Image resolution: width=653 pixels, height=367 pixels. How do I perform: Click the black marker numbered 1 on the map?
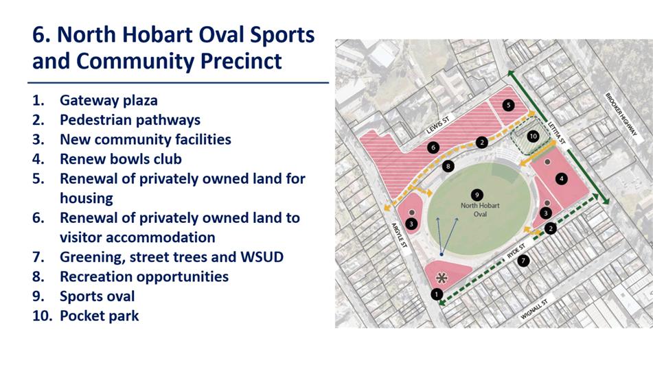437,294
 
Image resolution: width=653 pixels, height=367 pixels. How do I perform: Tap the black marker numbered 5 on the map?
508,105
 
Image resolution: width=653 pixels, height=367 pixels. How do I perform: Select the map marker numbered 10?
533,136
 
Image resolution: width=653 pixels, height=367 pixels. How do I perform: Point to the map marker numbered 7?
523,261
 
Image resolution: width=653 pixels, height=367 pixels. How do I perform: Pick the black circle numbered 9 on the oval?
477,195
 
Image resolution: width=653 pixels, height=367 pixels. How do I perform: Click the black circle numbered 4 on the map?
562,179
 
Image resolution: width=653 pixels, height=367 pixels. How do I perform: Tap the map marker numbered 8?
448,167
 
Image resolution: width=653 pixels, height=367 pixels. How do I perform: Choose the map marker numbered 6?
433,147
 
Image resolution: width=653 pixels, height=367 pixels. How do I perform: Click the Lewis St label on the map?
438,125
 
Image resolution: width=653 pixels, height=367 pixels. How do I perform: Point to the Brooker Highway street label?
621,114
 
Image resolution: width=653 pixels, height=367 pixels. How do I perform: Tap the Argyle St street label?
398,236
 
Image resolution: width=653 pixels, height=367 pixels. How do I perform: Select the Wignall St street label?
534,309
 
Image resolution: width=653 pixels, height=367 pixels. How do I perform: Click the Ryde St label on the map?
516,251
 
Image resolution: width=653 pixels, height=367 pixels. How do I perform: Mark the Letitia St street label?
556,132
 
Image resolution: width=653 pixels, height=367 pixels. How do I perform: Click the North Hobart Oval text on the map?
480,210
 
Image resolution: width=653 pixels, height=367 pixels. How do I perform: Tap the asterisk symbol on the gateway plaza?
441,279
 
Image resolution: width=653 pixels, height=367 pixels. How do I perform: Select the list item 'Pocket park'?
99,316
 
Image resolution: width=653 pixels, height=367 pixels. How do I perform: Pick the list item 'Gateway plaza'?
108,100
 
